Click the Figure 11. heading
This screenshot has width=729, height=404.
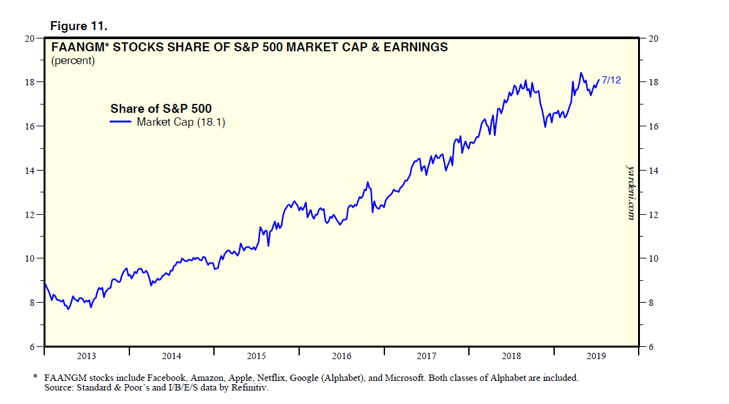pos(79,26)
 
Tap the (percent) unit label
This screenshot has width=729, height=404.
pos(73,61)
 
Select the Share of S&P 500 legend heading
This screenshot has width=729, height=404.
pos(161,108)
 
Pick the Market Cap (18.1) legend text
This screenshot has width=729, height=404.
pos(181,122)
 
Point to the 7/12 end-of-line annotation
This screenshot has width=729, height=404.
pos(611,80)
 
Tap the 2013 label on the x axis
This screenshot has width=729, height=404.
pos(86,356)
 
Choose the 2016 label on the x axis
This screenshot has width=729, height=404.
pos(341,356)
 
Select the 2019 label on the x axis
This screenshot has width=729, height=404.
pos(596,356)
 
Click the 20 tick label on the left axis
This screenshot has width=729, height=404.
pos(29,38)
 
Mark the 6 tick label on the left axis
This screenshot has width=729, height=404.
pos(31,347)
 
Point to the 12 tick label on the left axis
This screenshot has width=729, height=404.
pos(29,214)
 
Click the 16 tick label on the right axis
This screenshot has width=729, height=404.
pos(653,126)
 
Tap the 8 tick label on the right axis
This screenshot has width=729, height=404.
pos(651,303)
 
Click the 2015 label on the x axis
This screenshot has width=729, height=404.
pos(256,356)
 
